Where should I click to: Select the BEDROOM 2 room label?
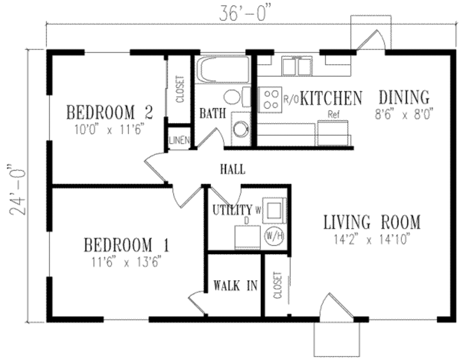[x=110, y=112]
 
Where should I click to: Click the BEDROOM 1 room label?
[x=127, y=246]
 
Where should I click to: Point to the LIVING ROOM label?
[x=372, y=222]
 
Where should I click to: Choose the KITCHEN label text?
[x=331, y=98]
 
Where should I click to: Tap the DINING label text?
[x=404, y=97]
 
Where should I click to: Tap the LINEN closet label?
[x=179, y=140]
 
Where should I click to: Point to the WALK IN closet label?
[x=235, y=285]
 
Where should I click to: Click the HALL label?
[x=233, y=170]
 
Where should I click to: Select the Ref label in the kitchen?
[x=333, y=114]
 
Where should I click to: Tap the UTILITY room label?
[x=232, y=210]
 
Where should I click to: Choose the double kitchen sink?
[x=297, y=66]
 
